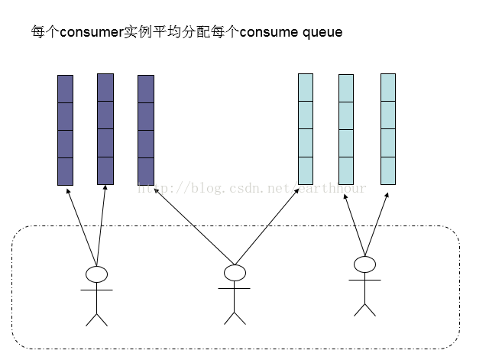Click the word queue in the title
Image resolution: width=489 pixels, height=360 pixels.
pyautogui.click(x=320, y=32)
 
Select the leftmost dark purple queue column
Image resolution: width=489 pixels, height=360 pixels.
pyautogui.click(x=65, y=130)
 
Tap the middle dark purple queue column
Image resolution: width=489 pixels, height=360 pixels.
pyautogui.click(x=105, y=129)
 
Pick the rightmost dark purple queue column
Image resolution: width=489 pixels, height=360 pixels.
pyautogui.click(x=145, y=130)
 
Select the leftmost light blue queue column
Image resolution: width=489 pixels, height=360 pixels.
pyautogui.click(x=306, y=129)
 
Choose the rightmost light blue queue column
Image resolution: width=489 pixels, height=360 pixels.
pyautogui.click(x=388, y=129)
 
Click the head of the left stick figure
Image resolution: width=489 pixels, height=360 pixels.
pyautogui.click(x=96, y=274)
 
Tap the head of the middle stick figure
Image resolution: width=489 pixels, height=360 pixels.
pyautogui.click(x=235, y=273)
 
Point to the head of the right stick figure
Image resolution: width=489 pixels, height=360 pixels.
pyautogui.click(x=365, y=264)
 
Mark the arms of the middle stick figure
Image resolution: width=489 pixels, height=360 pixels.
pyautogui.click(x=235, y=288)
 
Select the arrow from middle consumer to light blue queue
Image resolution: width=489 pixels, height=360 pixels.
pyautogui.click(x=267, y=226)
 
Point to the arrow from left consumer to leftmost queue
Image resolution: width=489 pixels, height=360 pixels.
pyautogui.click(x=81, y=225)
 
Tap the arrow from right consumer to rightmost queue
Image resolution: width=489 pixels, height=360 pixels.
pyautogui.click(x=376, y=223)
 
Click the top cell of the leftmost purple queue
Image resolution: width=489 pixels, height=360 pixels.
pyautogui.click(x=65, y=89)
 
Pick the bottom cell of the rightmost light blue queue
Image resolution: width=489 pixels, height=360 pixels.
pyautogui.click(x=388, y=170)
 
